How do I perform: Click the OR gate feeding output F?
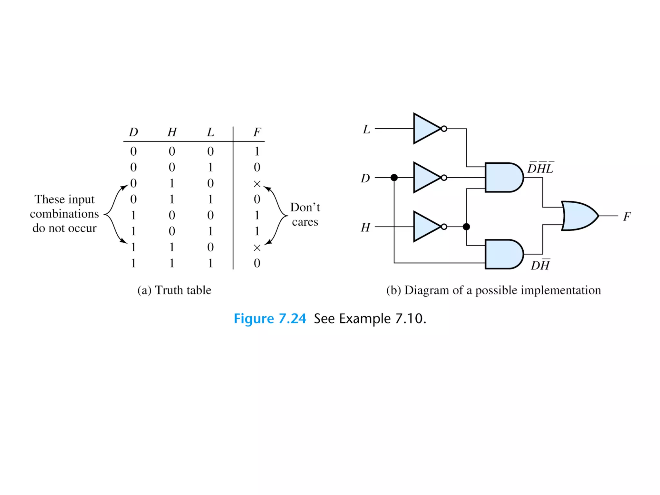pos(579,216)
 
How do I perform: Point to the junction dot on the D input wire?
pos(394,178)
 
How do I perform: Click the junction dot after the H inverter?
pos(466,227)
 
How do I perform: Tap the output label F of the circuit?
pos(626,217)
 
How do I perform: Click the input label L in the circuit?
pos(366,130)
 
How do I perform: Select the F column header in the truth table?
pos(257,132)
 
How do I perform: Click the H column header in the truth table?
pos(172,132)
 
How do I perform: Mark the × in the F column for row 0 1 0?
pos(257,184)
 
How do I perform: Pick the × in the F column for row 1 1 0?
pos(257,248)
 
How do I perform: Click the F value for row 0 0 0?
pos(257,151)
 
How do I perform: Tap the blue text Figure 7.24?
pos(270,319)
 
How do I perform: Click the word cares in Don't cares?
pos(305,222)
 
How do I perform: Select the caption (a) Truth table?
pos(174,290)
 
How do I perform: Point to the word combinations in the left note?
pos(64,214)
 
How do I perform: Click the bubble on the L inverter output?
pos(444,129)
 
